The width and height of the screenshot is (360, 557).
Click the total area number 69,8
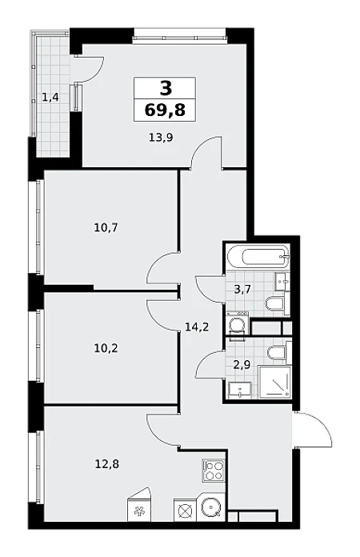[165, 110]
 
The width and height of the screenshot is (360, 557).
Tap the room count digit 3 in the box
[166, 87]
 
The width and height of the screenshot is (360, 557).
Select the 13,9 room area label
[161, 137]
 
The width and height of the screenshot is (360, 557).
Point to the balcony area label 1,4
[50, 97]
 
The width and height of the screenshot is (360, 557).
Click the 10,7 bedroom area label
[106, 227]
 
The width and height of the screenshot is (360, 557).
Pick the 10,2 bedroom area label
[106, 348]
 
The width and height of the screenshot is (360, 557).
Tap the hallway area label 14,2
[197, 327]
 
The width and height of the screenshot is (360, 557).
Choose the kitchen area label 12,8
[107, 463]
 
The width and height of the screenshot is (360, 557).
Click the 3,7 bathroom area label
[242, 289]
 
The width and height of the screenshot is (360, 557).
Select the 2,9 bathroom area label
[242, 365]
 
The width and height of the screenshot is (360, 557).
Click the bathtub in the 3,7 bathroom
[258, 257]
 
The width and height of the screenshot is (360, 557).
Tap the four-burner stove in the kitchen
[214, 471]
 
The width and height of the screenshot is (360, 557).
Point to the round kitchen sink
[213, 507]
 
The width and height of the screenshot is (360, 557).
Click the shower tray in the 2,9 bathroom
[275, 382]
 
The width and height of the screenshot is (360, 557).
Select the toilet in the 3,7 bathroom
[275, 303]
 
